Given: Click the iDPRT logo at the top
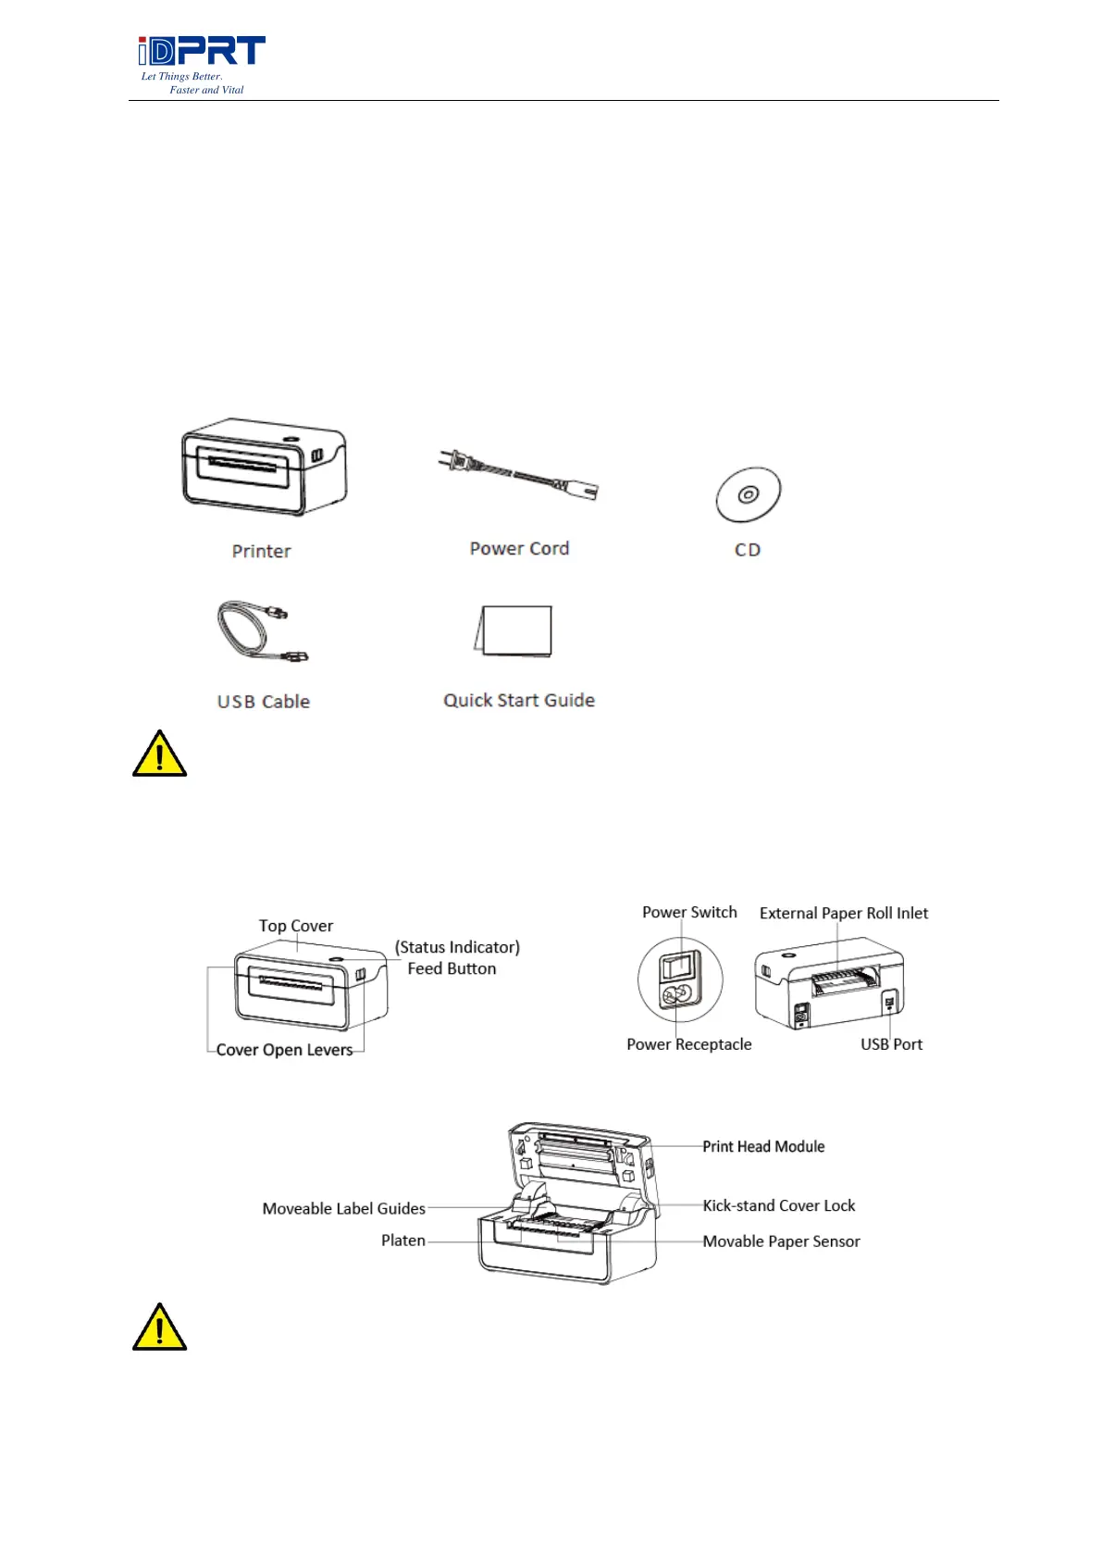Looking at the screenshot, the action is tap(202, 53).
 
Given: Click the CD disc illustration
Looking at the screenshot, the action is tap(748, 494).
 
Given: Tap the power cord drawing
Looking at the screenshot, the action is tap(518, 475).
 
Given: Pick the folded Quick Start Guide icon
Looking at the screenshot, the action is tap(514, 631).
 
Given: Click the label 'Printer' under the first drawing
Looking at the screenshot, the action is tap(261, 552).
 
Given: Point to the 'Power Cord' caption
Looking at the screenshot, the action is tap(519, 549).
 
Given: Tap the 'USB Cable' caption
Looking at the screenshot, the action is tap(263, 702).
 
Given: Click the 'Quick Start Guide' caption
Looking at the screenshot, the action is tap(518, 701).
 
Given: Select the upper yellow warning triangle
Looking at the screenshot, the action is tap(159, 755).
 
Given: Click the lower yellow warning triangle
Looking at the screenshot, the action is tap(159, 1328).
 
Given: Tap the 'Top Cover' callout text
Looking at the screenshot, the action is tap(295, 926).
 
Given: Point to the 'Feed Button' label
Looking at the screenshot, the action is tap(452, 969).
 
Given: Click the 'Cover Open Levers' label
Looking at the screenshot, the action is tap(284, 1050).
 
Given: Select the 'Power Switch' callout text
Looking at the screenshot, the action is tap(689, 913).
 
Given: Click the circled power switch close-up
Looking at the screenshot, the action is tap(679, 980).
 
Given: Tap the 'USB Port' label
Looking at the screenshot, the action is tap(891, 1044).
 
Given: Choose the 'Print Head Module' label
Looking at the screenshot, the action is tap(763, 1147).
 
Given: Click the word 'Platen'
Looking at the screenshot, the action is tap(403, 1241).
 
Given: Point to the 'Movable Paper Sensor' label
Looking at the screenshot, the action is tap(781, 1241).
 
